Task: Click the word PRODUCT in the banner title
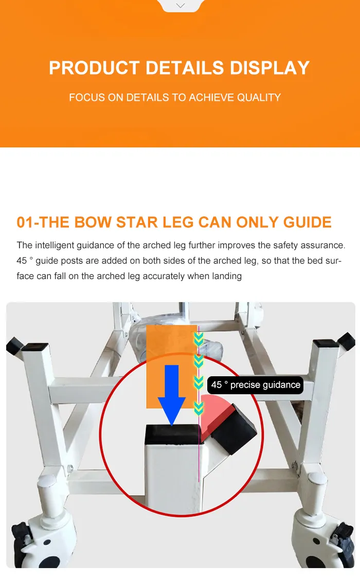pos(95,68)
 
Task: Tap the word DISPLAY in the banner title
pos(269,68)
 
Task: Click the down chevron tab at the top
pos(181,6)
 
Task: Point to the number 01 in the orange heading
pos(25,223)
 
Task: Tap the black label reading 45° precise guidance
pos(256,385)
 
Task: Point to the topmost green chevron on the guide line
pos(199,339)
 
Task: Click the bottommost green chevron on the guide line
pos(199,408)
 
